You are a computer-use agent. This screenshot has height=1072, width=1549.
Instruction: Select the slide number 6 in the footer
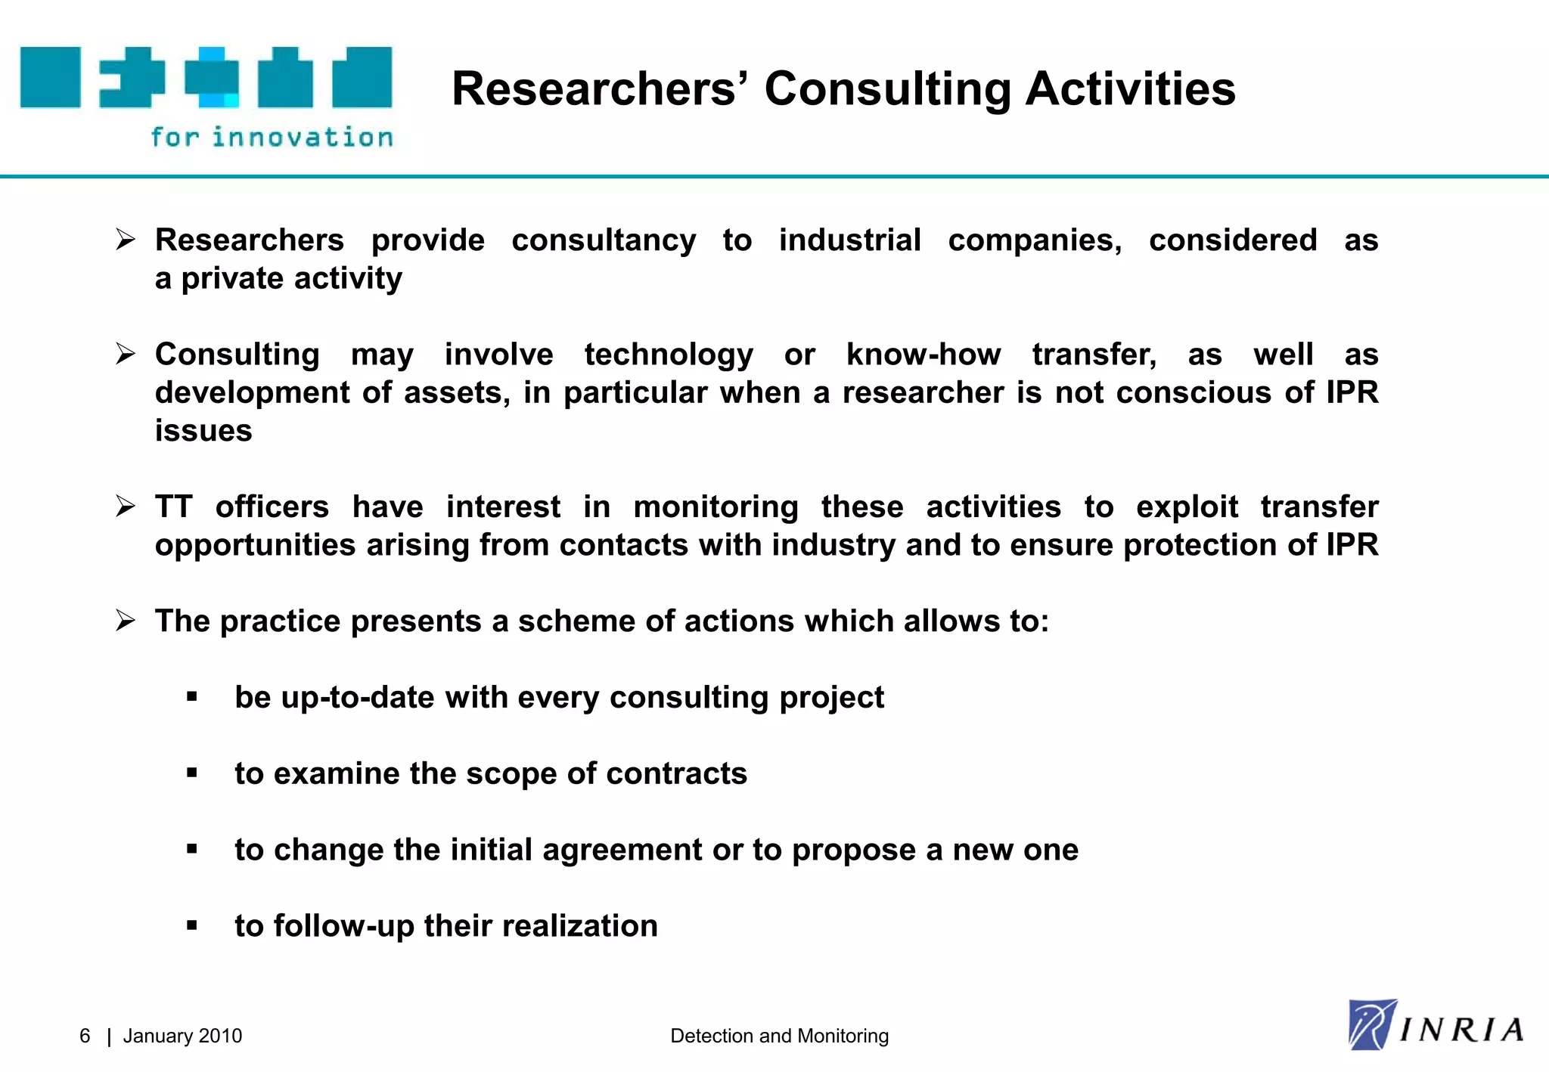[85, 1036]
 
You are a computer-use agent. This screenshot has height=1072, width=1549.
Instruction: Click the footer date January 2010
[182, 1036]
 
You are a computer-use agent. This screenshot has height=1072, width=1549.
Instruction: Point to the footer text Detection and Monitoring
[779, 1036]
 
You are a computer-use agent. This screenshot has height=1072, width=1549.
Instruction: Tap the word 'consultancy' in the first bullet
[604, 240]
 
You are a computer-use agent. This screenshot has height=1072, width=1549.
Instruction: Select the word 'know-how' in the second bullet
[924, 355]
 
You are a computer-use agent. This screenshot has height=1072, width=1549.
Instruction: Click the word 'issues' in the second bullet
[203, 431]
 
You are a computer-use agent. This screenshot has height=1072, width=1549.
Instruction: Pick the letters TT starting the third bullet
[174, 507]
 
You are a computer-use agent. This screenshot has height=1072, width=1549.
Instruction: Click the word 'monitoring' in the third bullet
[716, 507]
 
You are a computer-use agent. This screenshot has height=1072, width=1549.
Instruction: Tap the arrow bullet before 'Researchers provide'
[126, 240]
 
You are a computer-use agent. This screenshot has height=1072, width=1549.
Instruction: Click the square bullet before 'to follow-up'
[192, 925]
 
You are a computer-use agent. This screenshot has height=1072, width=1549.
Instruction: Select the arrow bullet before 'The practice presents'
[126, 621]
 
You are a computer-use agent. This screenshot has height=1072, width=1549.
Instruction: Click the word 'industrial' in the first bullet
[850, 240]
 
